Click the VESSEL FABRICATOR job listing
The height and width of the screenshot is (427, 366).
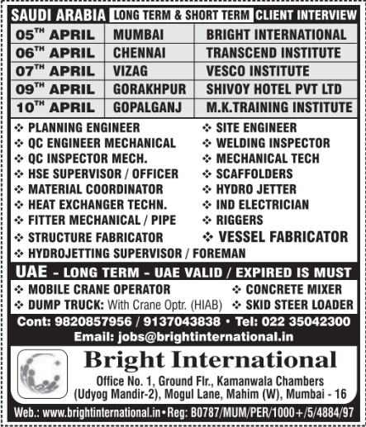click(282, 236)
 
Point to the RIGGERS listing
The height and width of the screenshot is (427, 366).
click(240, 221)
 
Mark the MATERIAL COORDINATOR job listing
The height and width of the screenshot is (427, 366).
click(92, 189)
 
